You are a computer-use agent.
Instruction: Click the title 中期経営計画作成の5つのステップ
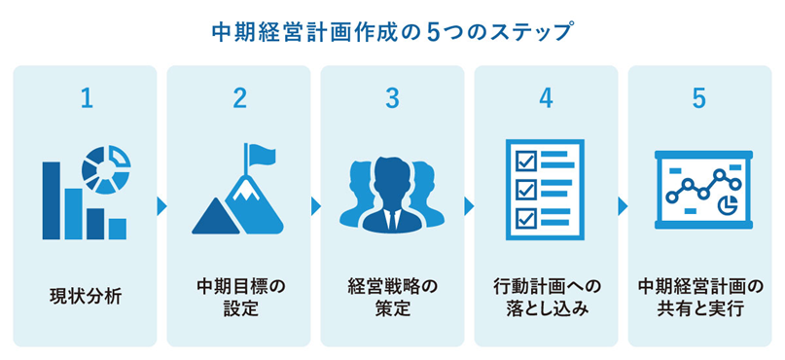click(x=392, y=31)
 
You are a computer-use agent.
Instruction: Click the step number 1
click(x=86, y=99)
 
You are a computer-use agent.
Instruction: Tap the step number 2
click(x=239, y=99)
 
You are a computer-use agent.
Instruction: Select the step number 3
click(x=392, y=99)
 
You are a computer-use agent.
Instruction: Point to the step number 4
click(x=546, y=99)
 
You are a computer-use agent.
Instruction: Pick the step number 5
click(x=698, y=99)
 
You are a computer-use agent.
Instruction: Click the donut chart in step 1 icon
click(x=106, y=166)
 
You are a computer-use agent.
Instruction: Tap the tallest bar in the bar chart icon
click(x=52, y=199)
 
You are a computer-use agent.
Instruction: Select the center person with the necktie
click(x=391, y=195)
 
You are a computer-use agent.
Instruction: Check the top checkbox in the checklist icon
click(x=523, y=159)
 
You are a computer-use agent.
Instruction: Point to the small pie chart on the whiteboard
click(x=725, y=205)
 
